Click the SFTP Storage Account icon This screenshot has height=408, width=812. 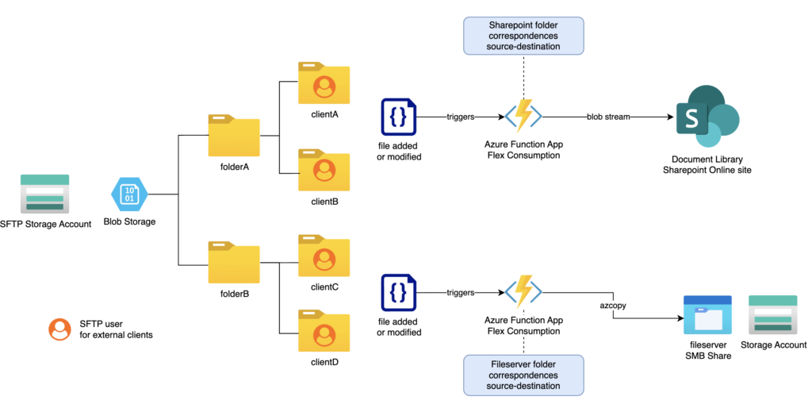(x=44, y=193)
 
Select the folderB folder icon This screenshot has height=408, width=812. (x=234, y=263)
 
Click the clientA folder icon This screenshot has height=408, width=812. (x=324, y=83)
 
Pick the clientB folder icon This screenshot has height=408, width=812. (x=324, y=169)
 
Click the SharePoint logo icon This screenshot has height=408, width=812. (x=706, y=117)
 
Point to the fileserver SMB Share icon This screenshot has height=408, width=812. (x=707, y=316)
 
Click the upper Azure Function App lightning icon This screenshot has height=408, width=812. (x=523, y=117)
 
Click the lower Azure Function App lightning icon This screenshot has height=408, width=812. (x=523, y=292)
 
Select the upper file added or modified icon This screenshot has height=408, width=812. (x=398, y=118)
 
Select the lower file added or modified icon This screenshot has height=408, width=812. (x=398, y=293)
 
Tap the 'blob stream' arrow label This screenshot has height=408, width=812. (x=609, y=117)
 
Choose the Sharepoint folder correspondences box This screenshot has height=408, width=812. (x=523, y=36)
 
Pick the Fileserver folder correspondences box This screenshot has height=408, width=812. (x=523, y=375)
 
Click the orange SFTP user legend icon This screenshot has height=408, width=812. (x=59, y=329)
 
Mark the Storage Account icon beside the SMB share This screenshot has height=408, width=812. (x=773, y=316)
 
